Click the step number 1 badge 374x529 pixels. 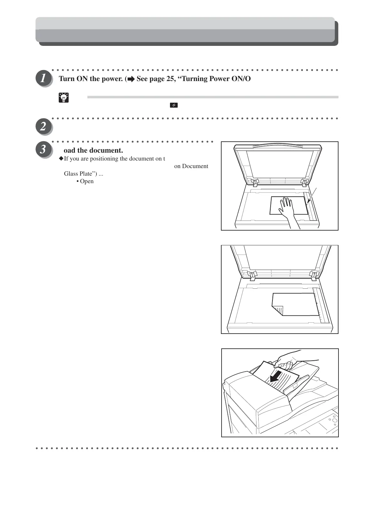[43, 78]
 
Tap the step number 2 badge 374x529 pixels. [43, 126]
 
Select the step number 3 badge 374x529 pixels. [43, 149]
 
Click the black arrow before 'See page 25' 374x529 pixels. [131, 79]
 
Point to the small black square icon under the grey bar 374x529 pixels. [173, 105]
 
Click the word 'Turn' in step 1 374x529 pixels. [67, 79]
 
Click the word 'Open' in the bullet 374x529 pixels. [87, 181]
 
